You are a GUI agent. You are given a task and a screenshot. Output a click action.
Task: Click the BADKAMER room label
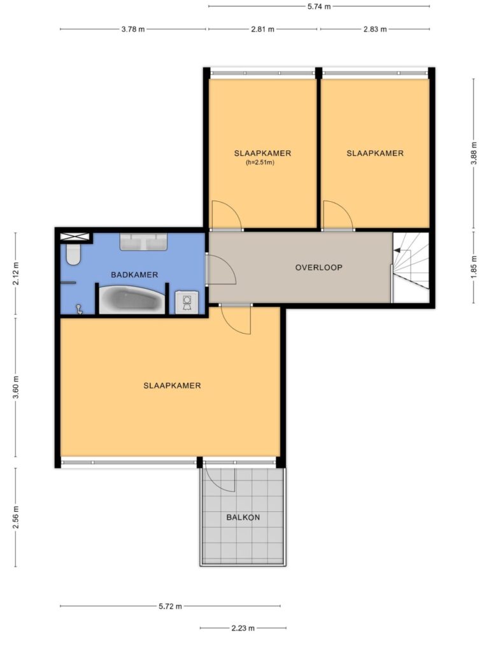[134, 275]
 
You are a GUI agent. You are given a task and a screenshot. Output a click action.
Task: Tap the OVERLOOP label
[319, 267]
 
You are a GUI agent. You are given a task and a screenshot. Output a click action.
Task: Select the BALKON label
[243, 517]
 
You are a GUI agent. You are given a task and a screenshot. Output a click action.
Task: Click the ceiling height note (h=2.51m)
[260, 162]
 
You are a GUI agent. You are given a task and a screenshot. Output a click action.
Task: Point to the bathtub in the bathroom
[132, 299]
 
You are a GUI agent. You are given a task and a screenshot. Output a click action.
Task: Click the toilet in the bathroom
[73, 254]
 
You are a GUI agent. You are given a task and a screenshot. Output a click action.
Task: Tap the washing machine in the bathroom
[187, 302]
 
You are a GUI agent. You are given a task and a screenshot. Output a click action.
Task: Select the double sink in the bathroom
[143, 241]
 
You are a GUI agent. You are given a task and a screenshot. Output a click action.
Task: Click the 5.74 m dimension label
[320, 6]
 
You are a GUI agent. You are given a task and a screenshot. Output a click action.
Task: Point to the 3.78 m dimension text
[133, 29]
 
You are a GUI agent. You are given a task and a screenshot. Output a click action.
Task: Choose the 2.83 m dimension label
[375, 29]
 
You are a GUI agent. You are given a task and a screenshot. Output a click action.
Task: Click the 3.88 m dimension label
[474, 153]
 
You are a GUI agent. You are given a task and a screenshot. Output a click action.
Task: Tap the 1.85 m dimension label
[474, 267]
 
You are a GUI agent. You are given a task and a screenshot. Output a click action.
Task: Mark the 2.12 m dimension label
[16, 274]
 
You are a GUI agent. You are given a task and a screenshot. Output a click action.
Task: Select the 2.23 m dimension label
[243, 628]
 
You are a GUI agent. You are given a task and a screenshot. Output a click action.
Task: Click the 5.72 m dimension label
[171, 606]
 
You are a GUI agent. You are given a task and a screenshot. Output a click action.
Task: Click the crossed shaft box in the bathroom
[75, 237]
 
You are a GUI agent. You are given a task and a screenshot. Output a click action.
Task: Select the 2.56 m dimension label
[16, 517]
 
